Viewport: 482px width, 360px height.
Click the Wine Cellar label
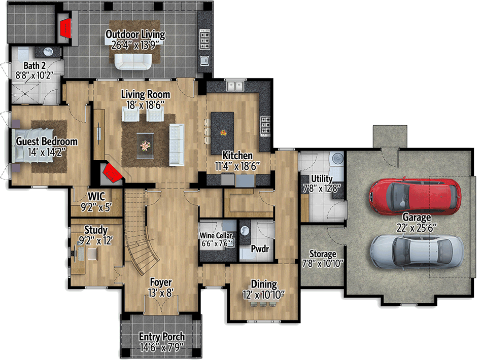pos(217,236)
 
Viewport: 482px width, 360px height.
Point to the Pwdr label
pos(260,249)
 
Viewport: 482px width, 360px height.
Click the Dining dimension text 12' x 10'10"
pos(263,294)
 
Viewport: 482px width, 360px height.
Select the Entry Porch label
pos(161,337)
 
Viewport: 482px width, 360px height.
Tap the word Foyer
pos(160,282)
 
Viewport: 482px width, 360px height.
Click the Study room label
pos(95,231)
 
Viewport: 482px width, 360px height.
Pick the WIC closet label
pos(96,196)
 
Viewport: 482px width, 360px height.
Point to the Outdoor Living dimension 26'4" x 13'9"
pos(135,44)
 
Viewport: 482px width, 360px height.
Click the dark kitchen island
pos(222,130)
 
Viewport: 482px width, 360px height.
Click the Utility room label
pos(322,178)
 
